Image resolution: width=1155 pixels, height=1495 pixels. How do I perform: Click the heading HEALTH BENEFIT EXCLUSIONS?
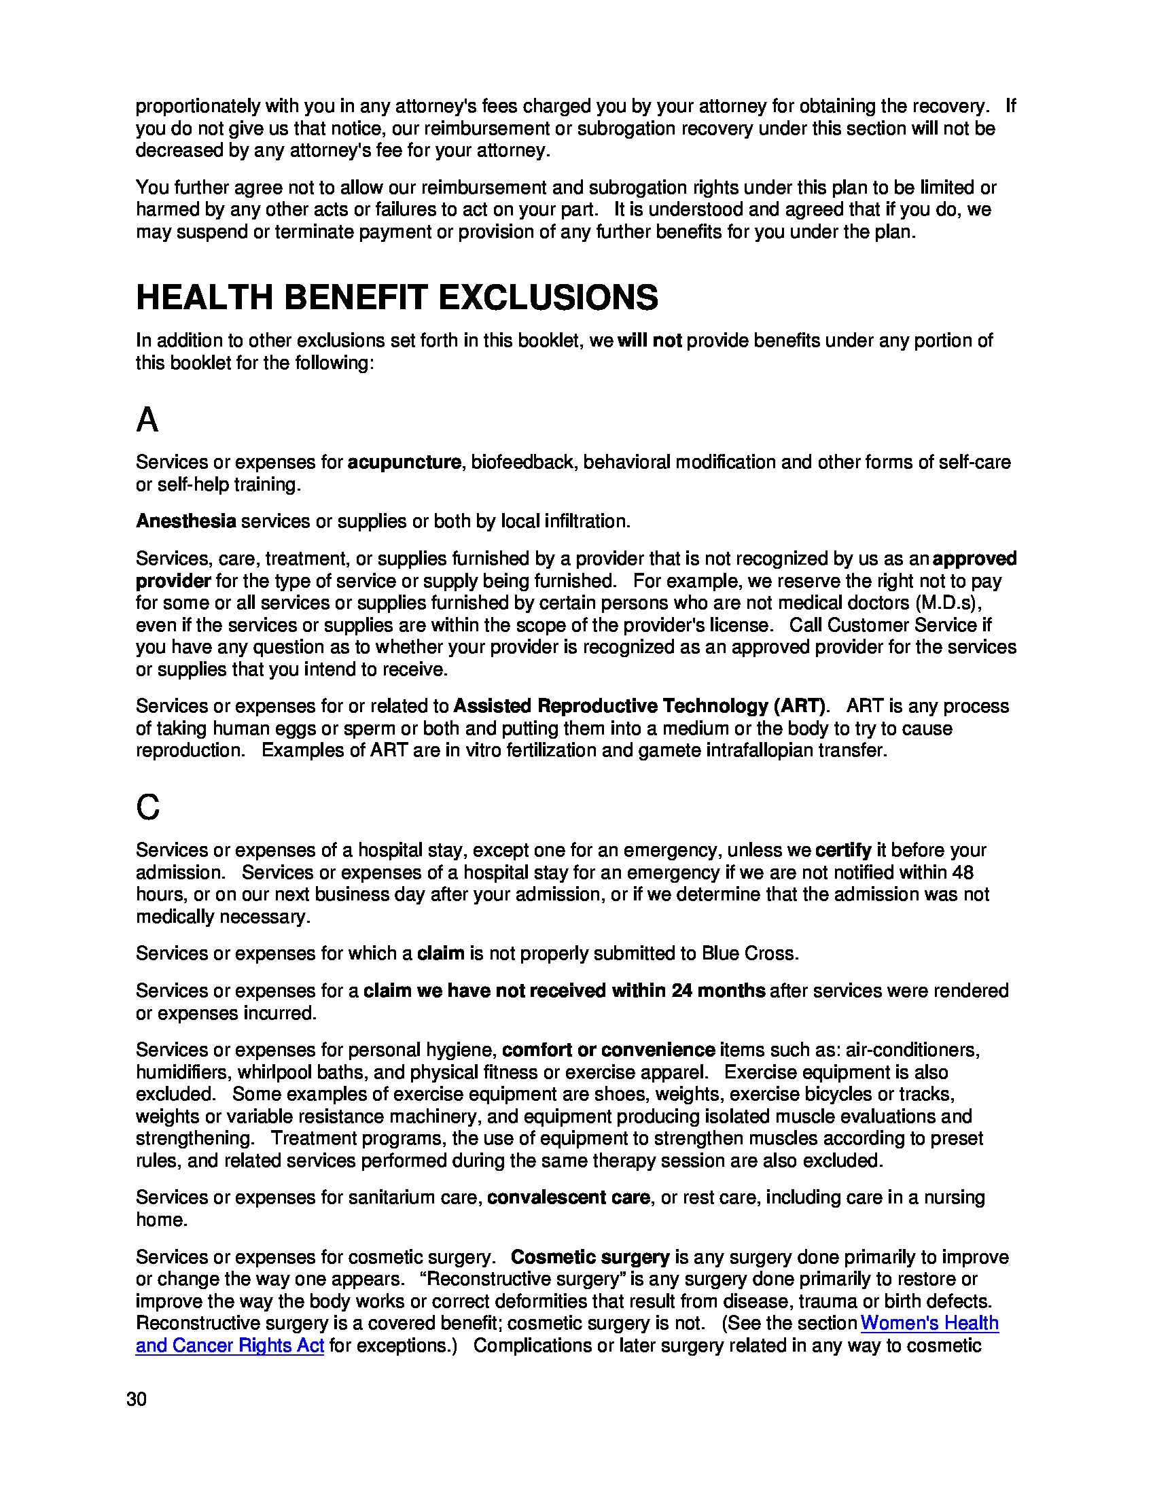[x=397, y=298]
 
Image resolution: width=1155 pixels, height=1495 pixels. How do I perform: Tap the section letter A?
[x=147, y=419]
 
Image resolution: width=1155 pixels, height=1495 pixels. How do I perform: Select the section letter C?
[x=148, y=807]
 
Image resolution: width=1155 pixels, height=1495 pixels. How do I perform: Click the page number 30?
[x=136, y=1399]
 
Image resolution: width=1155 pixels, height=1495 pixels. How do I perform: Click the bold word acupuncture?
[x=404, y=463]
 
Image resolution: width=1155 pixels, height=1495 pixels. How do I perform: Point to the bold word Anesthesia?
[x=186, y=522]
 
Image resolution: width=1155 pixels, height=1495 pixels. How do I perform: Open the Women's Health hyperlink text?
[x=929, y=1323]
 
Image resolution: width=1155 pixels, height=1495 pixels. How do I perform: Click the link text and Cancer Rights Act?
[x=229, y=1345]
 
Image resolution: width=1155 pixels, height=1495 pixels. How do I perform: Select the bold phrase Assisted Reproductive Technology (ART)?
[x=640, y=707]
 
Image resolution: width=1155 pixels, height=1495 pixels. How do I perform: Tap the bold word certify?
[x=843, y=851]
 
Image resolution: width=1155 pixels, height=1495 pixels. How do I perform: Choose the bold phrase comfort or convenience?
[x=608, y=1050]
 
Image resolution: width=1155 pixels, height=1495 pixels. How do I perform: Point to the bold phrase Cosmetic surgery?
[x=590, y=1257]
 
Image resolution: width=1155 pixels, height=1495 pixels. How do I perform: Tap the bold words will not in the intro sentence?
[x=650, y=341]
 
